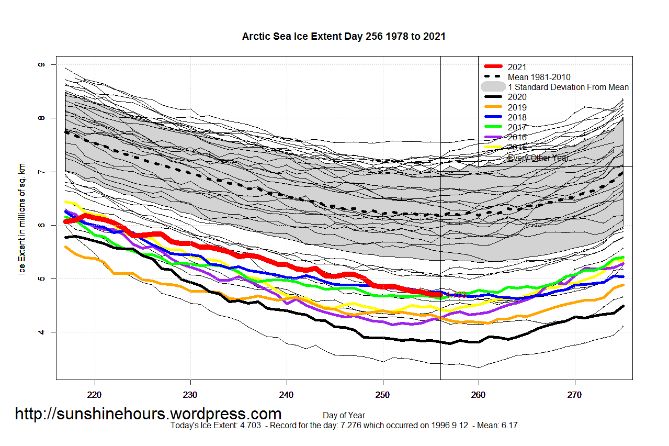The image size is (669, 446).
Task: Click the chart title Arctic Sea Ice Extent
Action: [344, 37]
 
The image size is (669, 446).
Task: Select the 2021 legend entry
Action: [517, 67]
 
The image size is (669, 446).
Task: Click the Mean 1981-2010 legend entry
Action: [539, 77]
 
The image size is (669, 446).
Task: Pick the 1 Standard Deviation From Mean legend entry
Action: [568, 87]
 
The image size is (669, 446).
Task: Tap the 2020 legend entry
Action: [517, 97]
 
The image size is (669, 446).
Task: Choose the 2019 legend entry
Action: [517, 107]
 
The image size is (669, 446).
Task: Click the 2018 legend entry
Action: [517, 117]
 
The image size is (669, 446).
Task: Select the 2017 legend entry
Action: [517, 127]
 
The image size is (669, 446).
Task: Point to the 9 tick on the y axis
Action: [39, 64]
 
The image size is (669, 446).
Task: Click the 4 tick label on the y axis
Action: [39, 332]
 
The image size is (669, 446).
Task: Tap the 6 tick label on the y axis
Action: [39, 225]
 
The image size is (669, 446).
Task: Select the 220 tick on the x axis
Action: [95, 393]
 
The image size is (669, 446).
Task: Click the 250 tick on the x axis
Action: [383, 393]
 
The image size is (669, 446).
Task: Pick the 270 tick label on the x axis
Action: [575, 393]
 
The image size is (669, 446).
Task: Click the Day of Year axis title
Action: [344, 416]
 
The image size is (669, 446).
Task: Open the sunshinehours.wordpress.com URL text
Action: [148, 414]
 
